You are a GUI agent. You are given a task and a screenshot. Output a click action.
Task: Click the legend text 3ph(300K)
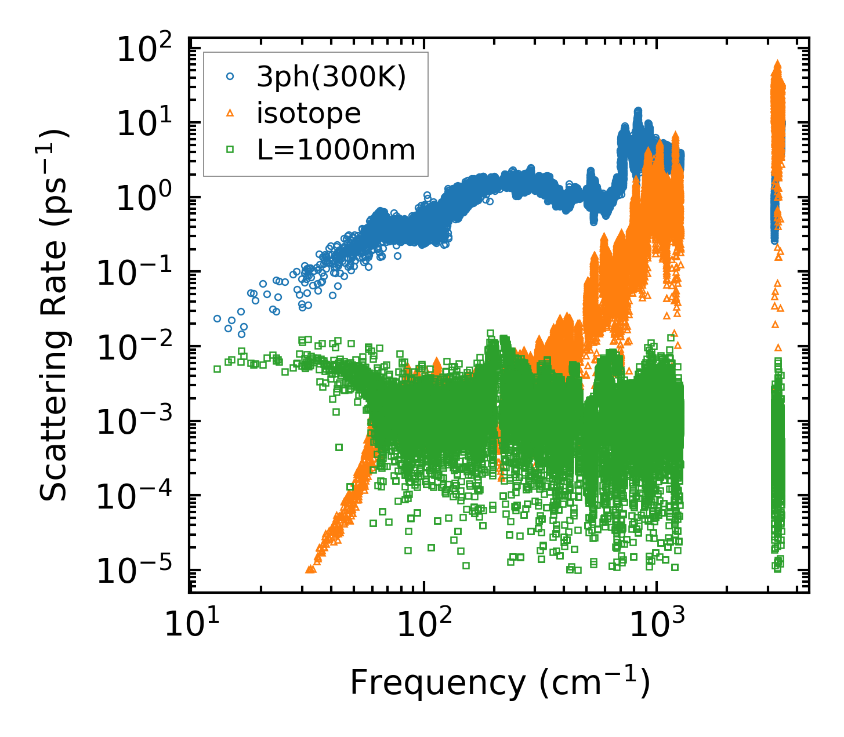click(x=331, y=77)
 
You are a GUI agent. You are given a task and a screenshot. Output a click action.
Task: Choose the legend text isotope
click(x=309, y=113)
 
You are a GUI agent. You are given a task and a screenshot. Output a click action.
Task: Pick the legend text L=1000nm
click(x=336, y=150)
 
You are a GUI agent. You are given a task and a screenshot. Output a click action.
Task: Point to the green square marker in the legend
click(x=230, y=150)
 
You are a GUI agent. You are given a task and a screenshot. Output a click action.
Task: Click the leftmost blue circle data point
click(x=218, y=318)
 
